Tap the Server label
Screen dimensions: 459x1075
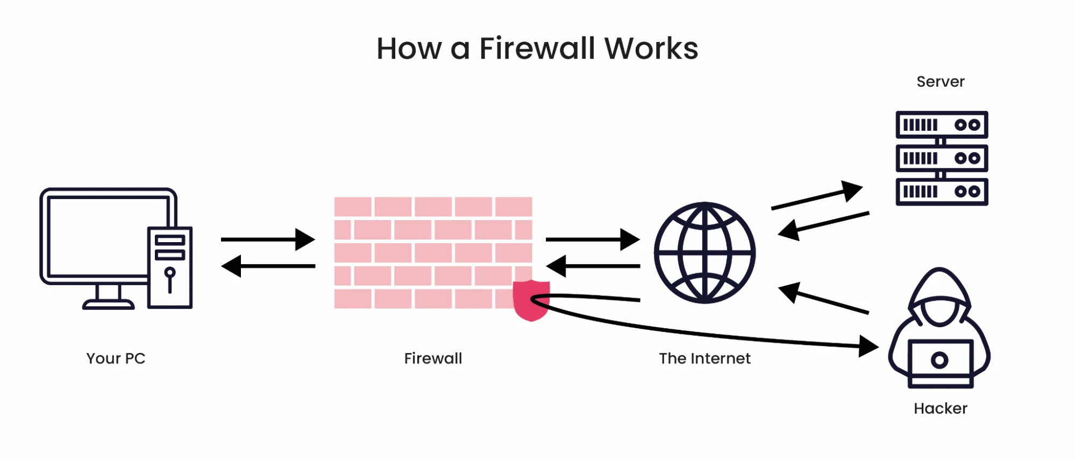940,82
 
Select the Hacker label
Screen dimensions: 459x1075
940,408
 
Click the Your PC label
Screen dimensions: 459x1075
116,358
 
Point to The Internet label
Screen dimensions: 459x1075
704,358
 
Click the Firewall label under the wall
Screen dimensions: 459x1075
433,358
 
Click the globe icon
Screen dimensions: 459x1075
704,252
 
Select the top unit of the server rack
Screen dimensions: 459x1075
942,125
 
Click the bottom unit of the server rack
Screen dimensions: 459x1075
942,192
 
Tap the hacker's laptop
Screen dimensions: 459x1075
940,362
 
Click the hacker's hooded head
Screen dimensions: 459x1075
939,299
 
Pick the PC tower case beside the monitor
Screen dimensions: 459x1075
170,267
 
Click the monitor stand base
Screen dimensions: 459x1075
108,305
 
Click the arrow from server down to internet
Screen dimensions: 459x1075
823,224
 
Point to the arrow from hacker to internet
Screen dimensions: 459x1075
823,299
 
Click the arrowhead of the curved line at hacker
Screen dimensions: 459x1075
867,346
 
